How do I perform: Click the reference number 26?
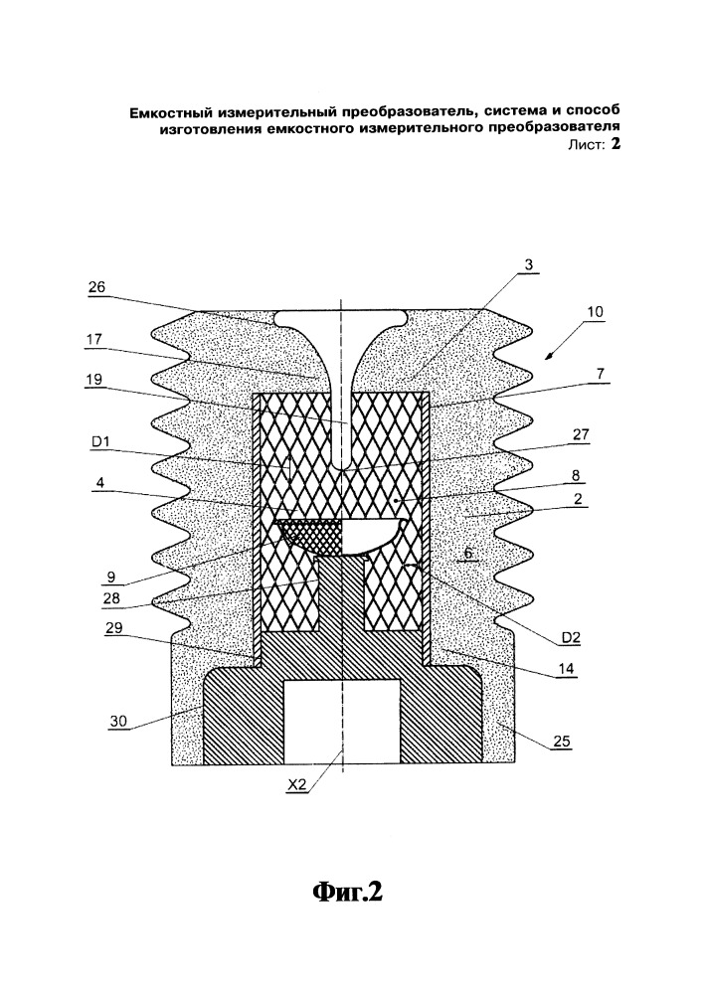point(96,287)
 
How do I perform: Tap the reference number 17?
point(93,339)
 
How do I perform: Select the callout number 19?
point(93,379)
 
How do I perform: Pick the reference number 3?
point(527,264)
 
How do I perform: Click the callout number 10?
point(595,312)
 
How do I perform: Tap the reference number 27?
point(581,435)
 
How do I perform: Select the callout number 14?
point(567,668)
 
